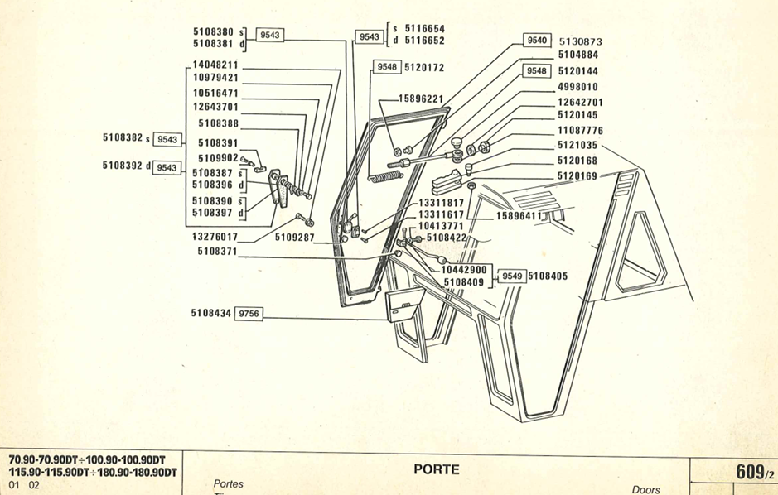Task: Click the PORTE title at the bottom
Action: (436, 470)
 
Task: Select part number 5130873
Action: (580, 41)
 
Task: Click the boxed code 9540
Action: (537, 41)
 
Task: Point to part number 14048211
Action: (215, 65)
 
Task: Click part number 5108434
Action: (211, 314)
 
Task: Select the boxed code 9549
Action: (510, 276)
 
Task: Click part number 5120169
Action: (577, 175)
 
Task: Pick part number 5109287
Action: (296, 237)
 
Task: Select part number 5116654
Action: (423, 27)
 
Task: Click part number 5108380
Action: (215, 31)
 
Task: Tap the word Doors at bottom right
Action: (645, 489)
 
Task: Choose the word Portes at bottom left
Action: (229, 484)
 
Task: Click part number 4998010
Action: (578, 86)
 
